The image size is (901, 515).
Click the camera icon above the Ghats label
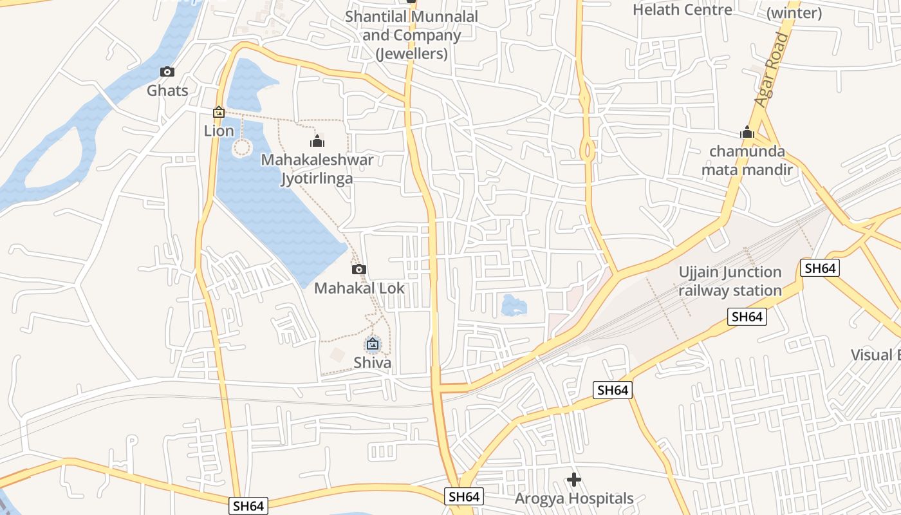167,71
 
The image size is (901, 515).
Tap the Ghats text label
167,90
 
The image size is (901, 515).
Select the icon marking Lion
219,113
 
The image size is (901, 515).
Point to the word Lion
219,131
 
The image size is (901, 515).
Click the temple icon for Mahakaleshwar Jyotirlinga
317,141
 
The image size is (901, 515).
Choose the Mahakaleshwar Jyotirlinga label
317,169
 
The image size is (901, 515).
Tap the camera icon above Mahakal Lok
359,269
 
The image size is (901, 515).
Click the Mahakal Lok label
359,288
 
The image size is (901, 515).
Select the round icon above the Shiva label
372,344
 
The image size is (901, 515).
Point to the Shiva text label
372,362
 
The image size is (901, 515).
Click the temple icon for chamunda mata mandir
747,133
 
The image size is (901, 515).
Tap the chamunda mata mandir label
747,160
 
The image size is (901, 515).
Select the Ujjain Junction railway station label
730,281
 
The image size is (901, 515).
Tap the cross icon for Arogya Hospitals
574,480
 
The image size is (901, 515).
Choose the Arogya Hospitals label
574,498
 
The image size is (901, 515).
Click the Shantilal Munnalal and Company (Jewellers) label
412,35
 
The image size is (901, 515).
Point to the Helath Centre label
682,10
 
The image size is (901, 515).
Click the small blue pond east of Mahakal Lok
514,305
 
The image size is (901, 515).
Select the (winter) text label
794,13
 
